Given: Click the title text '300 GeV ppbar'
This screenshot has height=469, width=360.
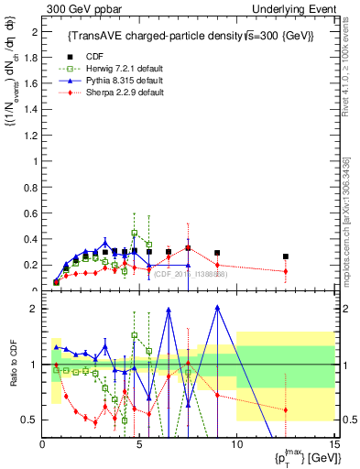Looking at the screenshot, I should pyautogui.click(x=76, y=8).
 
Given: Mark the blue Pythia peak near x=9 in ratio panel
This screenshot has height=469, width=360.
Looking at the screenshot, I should pyautogui.click(x=217, y=308).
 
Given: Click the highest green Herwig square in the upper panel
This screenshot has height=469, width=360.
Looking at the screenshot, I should pyautogui.click(x=135, y=233).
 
